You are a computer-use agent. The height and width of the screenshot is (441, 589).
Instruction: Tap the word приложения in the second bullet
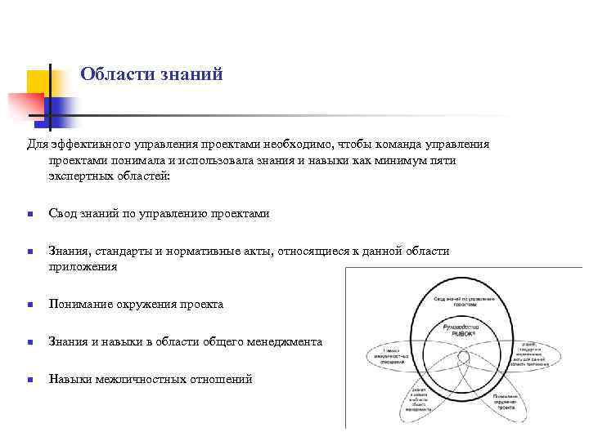83,266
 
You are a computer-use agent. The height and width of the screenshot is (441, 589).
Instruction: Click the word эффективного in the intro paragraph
86,145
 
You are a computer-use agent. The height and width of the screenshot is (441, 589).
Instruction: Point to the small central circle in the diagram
461,365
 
